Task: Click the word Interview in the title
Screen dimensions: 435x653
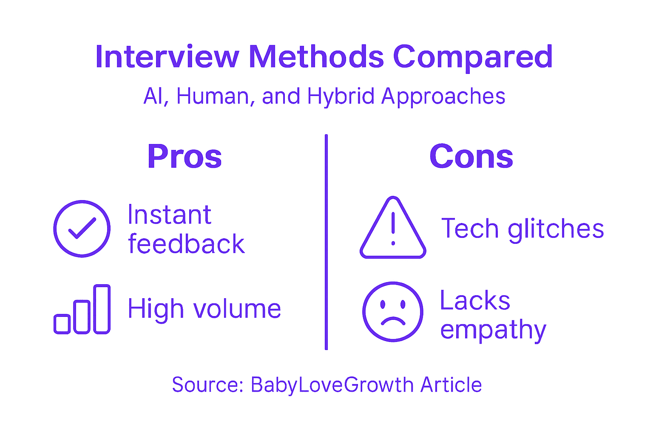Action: (167, 57)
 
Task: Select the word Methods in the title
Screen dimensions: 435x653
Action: (316, 57)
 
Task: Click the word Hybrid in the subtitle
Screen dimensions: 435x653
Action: (341, 96)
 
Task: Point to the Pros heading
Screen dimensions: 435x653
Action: (185, 156)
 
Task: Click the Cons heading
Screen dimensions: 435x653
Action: (471, 156)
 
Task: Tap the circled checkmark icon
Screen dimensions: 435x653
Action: (82, 229)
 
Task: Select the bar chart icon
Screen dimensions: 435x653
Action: (82, 310)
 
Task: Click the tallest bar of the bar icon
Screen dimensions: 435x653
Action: (102, 309)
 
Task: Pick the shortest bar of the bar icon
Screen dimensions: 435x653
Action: (62, 324)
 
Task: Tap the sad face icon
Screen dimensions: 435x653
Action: (393, 311)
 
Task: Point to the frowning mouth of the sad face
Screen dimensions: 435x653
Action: (393, 321)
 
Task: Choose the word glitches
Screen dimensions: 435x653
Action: (556, 229)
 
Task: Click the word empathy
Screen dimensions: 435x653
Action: (493, 330)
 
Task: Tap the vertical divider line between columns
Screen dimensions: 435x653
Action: (326, 242)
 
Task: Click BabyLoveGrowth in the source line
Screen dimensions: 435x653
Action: (332, 385)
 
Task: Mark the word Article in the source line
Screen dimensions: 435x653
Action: (451, 385)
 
